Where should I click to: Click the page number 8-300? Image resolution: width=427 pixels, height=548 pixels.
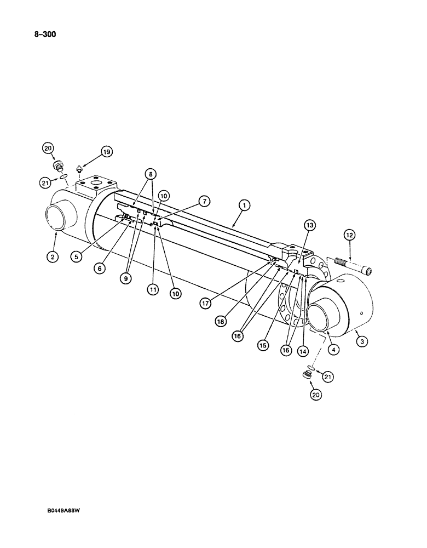coord(41,34)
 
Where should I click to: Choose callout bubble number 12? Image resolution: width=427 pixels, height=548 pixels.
coord(349,235)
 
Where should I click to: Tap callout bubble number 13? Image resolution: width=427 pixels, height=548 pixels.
coord(310,226)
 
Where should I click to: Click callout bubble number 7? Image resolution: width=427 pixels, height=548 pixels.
coord(203,202)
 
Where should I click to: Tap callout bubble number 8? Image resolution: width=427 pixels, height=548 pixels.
coord(151,174)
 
